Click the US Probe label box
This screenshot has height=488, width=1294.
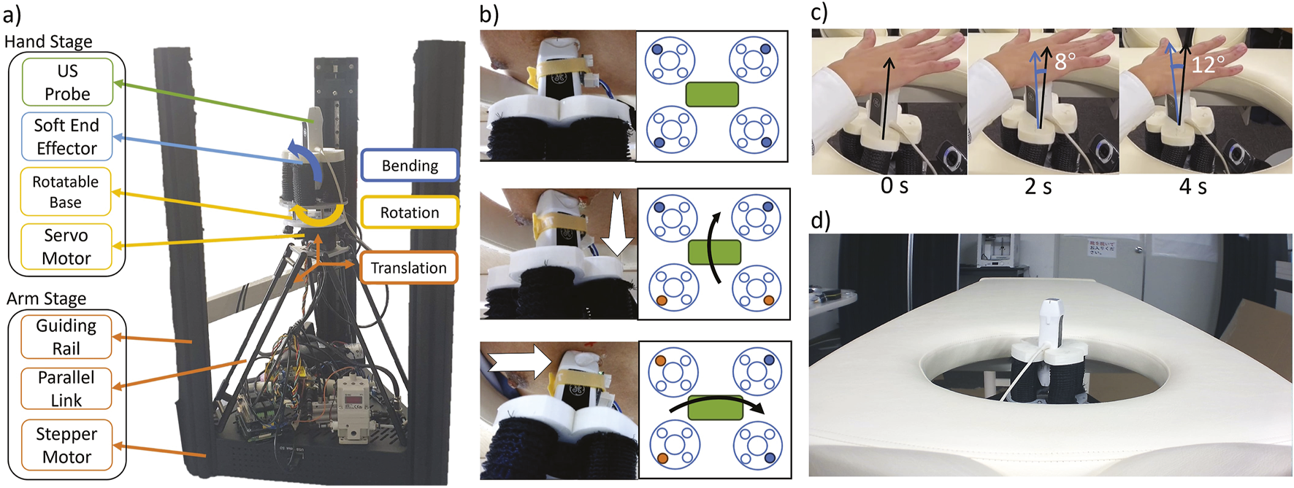(x=67, y=82)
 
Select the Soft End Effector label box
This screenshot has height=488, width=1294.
(x=66, y=136)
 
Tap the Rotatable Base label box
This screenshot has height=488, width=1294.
(x=66, y=192)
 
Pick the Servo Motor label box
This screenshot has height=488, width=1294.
(x=66, y=247)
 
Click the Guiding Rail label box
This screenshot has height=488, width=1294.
(x=66, y=336)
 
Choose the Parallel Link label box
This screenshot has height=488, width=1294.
(x=66, y=388)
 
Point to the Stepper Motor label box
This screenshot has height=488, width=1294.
(x=66, y=445)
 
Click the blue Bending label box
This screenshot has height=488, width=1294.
(x=410, y=166)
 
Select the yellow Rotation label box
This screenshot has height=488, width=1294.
(x=410, y=212)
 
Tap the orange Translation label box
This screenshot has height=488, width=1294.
(x=408, y=268)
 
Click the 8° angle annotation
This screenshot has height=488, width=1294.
(x=1065, y=61)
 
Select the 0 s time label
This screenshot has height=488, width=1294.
(x=894, y=186)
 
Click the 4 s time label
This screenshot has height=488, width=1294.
(x=1192, y=187)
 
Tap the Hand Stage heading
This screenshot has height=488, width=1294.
(x=48, y=42)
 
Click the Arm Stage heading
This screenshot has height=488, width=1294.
(x=46, y=298)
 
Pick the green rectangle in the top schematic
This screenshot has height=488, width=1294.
(x=712, y=94)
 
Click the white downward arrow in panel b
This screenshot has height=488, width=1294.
(x=617, y=222)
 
